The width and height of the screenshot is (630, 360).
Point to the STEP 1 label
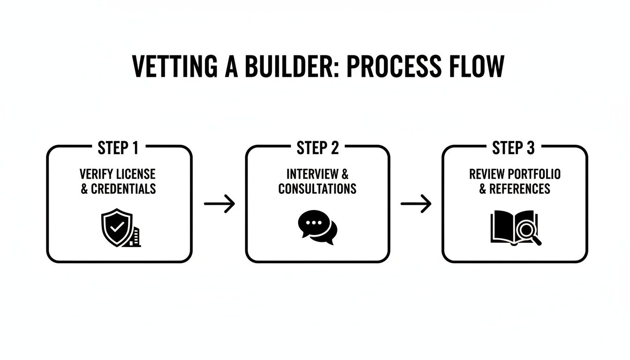point(118,149)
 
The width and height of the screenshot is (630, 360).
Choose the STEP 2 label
point(317,149)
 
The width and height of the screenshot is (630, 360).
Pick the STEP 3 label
point(513,149)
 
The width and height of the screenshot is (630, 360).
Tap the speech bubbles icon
point(317,227)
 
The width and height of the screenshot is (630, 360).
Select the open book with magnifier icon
point(515,228)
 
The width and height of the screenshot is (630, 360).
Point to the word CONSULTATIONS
point(317,189)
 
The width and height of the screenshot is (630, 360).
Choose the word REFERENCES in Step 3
point(520,189)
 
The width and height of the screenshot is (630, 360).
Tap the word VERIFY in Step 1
point(95,174)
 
